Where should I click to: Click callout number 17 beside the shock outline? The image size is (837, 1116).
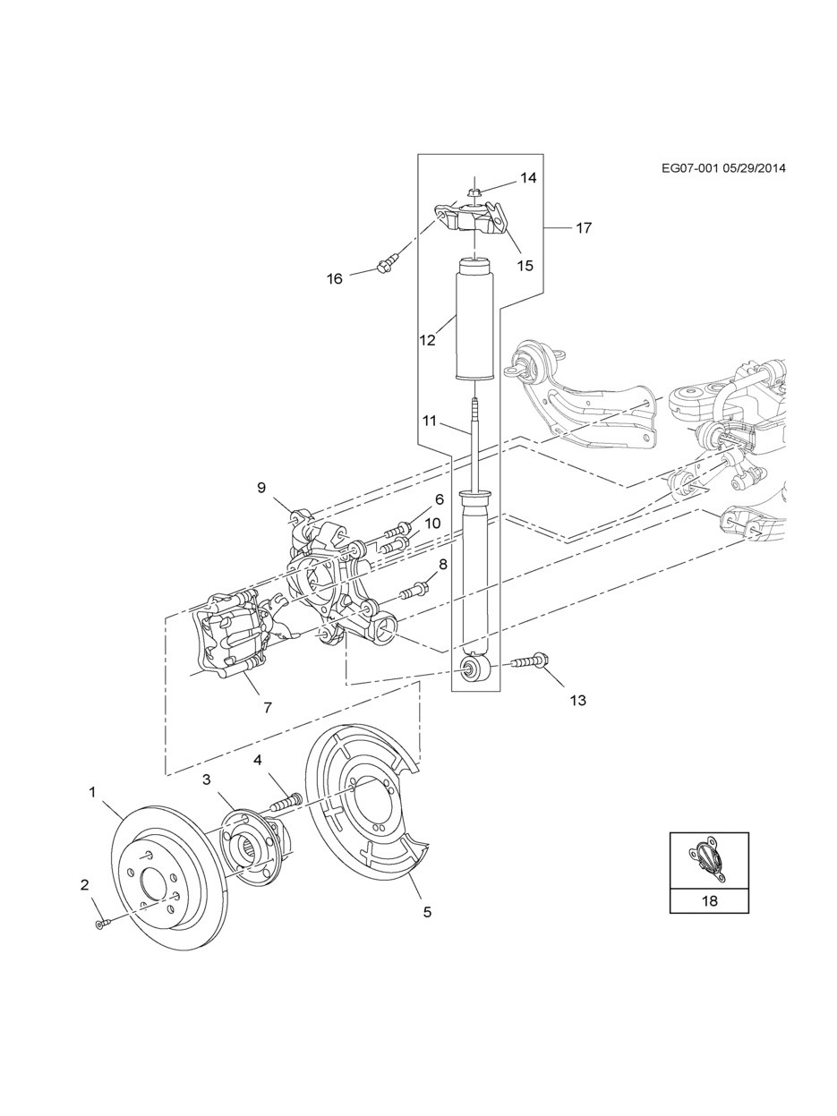pos(584,228)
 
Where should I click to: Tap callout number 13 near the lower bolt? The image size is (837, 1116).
pos(577,700)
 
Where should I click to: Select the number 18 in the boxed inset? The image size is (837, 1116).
pos(709,900)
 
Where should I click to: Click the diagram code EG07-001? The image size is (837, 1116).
pos(689,168)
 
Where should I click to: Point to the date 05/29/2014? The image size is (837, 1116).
pos(753,168)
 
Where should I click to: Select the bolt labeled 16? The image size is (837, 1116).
pos(386,264)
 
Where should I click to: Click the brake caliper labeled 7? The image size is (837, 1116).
pos(231,637)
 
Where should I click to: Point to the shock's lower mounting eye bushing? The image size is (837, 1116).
pos(472,669)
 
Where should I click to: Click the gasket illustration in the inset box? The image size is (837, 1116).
pos(708,860)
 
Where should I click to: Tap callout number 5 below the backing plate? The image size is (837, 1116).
pos(427,912)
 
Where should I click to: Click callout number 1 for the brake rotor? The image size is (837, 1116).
pos(92,791)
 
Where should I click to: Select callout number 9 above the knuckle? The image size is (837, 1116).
pos(261,487)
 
